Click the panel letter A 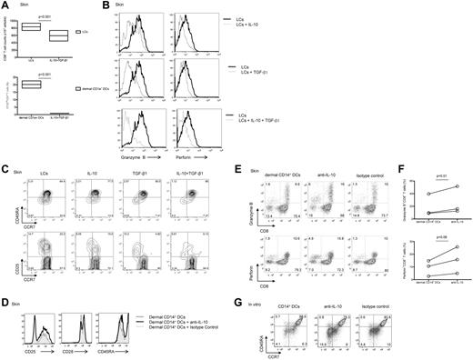pos(5,5)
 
